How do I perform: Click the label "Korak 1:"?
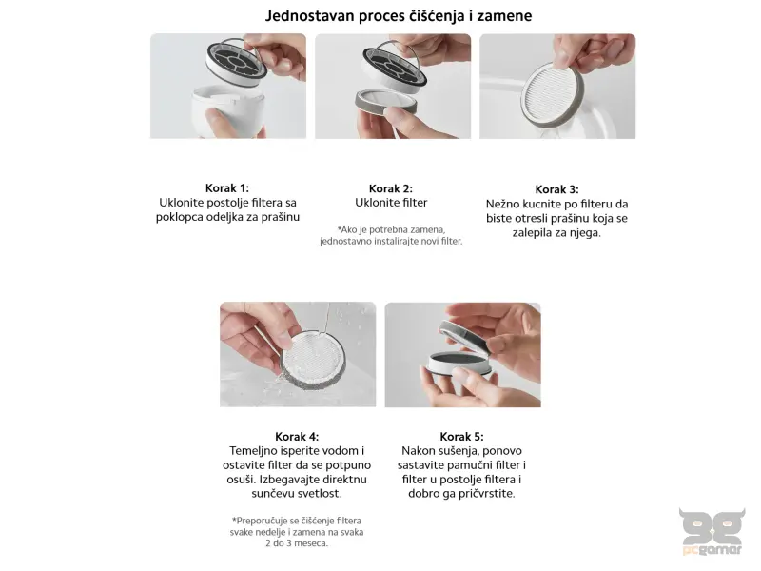coord(227,188)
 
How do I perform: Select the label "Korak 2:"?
coord(391,188)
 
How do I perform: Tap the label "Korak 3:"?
coord(556,189)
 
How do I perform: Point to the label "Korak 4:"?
coord(297,436)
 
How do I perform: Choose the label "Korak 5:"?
coord(462,436)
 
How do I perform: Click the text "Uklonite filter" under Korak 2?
coord(391,203)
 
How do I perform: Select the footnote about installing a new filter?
coord(391,235)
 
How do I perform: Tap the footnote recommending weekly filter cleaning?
coord(297,532)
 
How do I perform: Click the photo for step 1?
coord(228,86)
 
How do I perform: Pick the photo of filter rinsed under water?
coord(297,354)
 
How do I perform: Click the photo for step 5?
coord(462,354)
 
